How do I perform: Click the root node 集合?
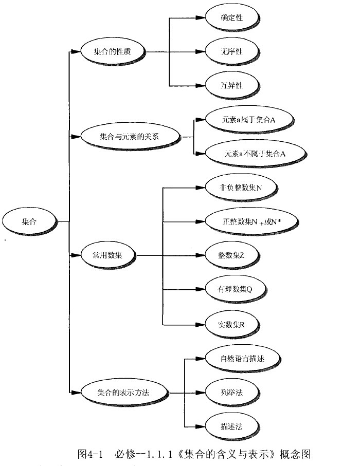(29, 221)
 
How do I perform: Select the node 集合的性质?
(112, 52)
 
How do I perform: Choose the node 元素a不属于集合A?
(254, 154)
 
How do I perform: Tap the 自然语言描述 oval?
(241, 357)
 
